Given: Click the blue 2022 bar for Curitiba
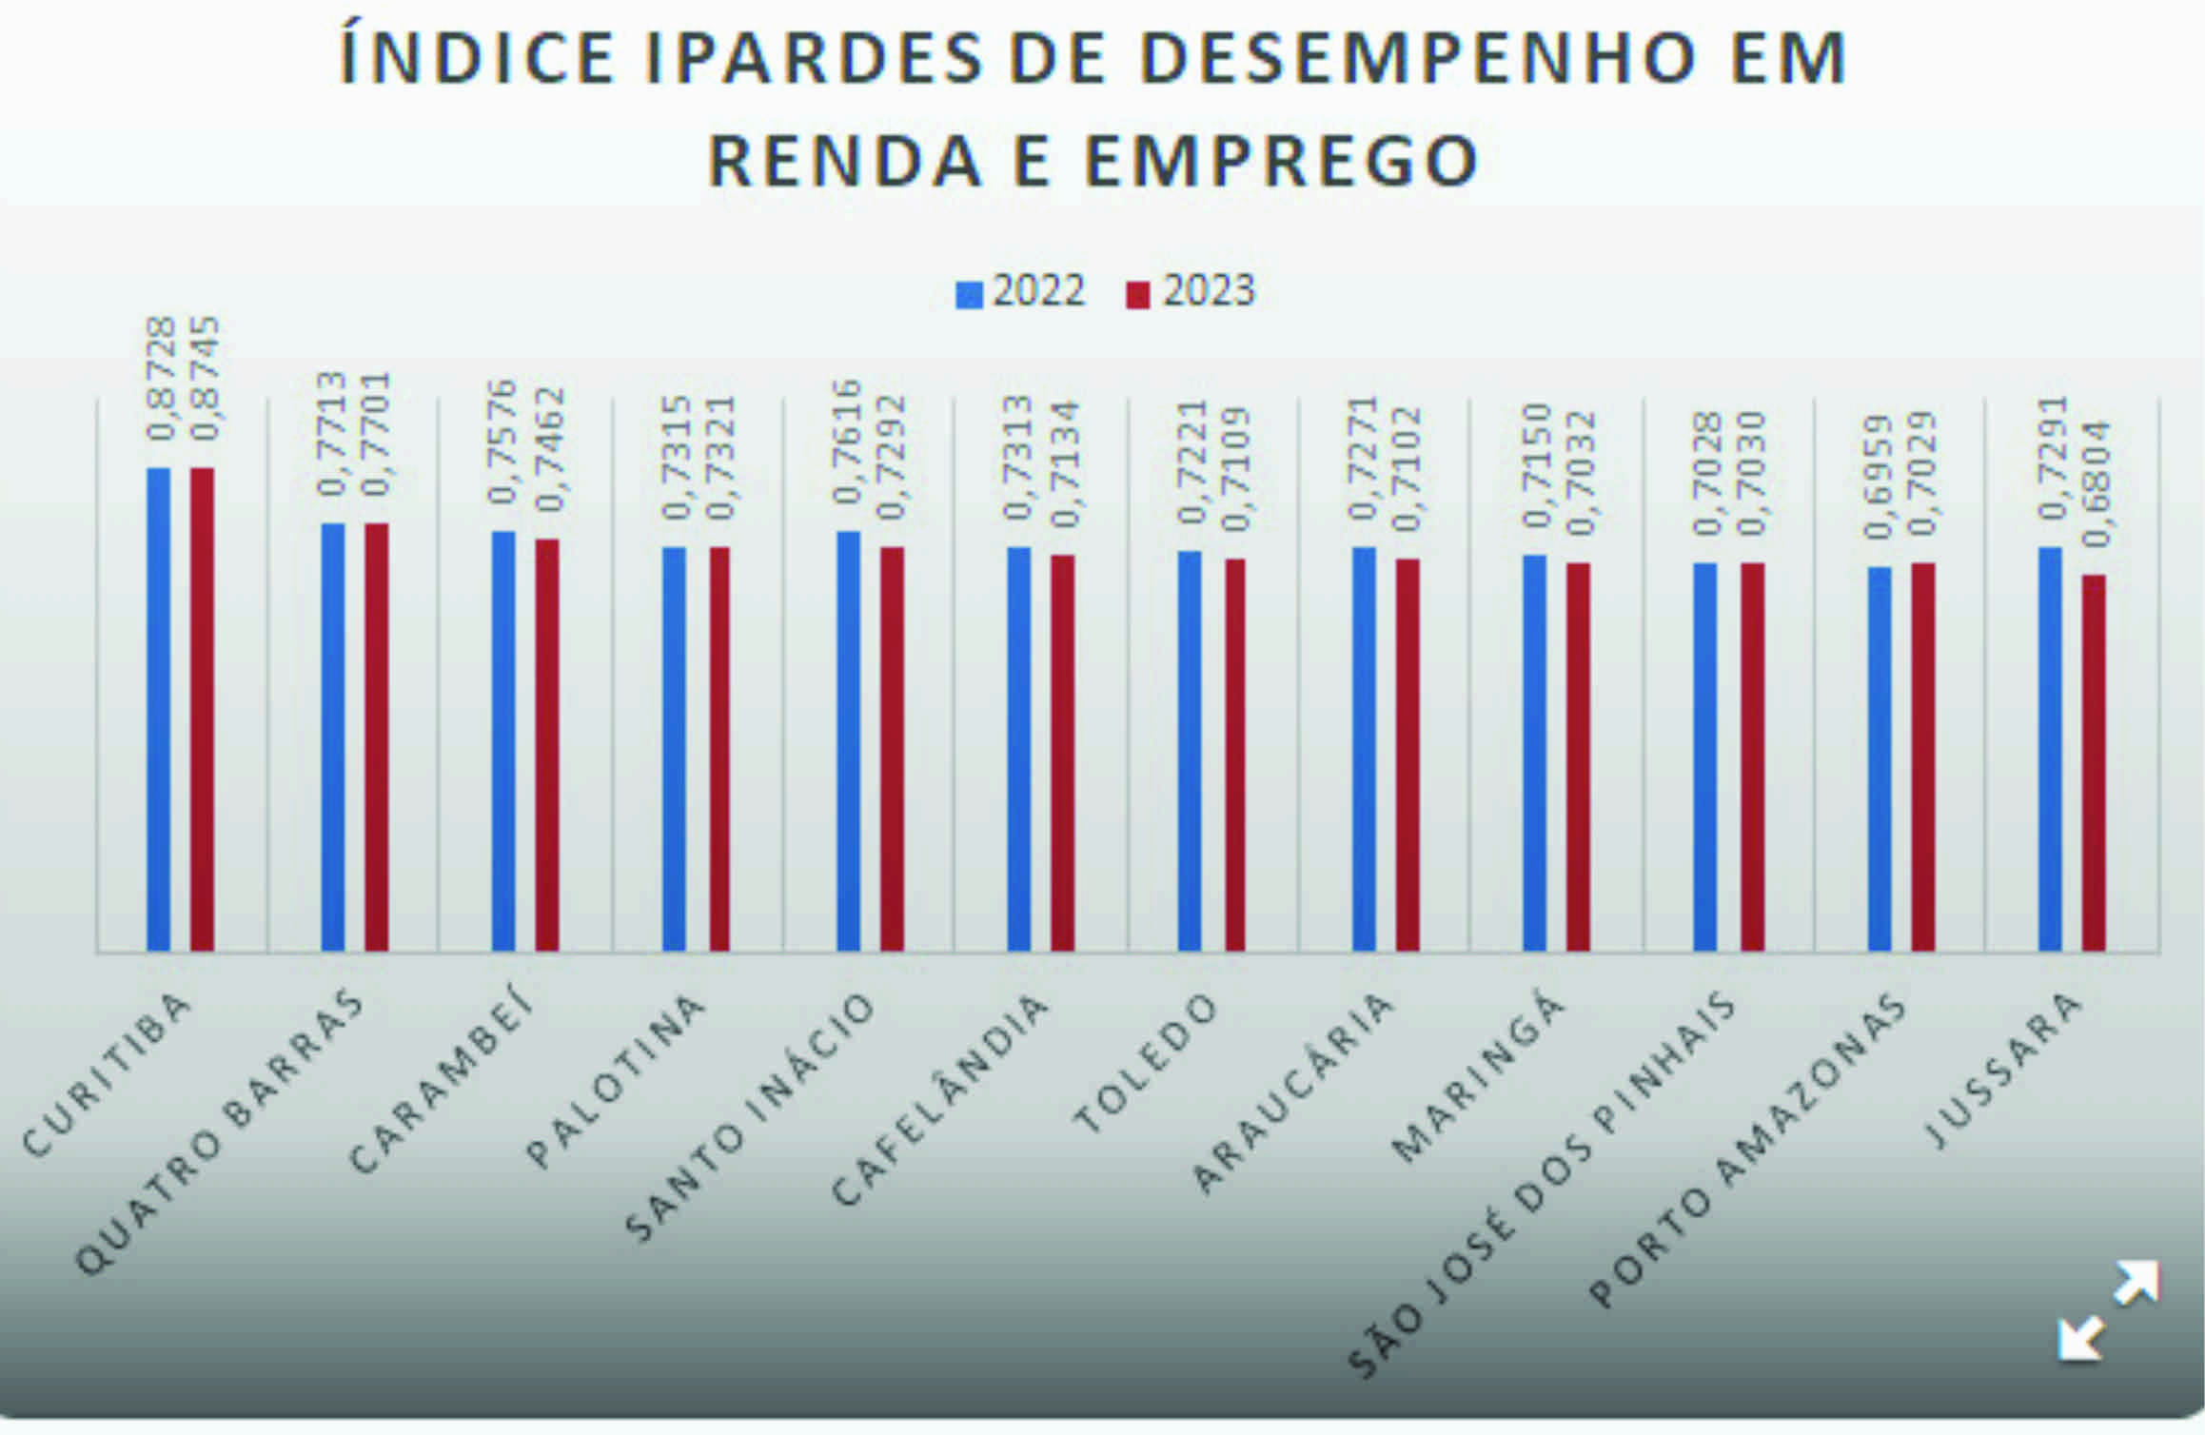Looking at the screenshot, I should click(158, 709).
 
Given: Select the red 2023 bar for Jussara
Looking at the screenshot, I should click(2093, 762).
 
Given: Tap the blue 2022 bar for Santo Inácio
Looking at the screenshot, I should click(848, 740).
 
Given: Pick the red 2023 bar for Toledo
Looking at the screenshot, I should click(1234, 755).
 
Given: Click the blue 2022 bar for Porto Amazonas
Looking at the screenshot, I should click(1879, 758).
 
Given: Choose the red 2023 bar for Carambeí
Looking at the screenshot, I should click(547, 744).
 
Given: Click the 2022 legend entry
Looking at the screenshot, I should click(1021, 291).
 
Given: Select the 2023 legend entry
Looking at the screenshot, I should click(1191, 291).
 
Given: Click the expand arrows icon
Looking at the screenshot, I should click(2107, 1309).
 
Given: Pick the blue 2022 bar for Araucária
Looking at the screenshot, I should click(1363, 748).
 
